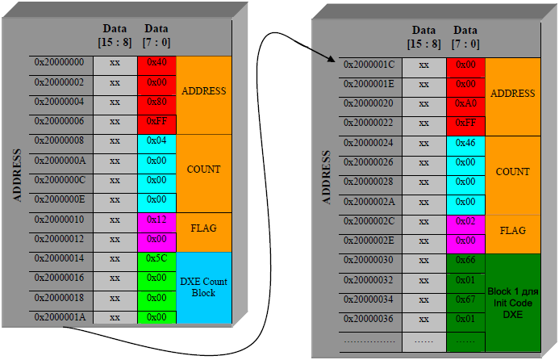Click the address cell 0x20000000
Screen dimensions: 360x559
click(58, 63)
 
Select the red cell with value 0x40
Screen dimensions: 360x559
click(156, 63)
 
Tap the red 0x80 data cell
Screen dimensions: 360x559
click(156, 102)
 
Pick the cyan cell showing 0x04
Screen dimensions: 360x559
click(156, 141)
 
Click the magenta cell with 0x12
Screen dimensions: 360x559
click(156, 220)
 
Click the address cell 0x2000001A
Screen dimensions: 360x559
click(58, 317)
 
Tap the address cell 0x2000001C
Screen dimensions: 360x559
click(368, 65)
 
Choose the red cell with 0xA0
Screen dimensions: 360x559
click(465, 103)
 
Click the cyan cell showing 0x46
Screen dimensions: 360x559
click(465, 142)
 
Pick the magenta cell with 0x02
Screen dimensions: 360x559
click(465, 220)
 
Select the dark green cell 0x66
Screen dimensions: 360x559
click(465, 260)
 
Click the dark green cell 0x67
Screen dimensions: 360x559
click(465, 299)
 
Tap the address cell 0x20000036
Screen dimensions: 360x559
click(368, 319)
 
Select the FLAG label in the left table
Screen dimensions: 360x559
click(202, 228)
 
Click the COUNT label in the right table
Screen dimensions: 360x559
click(513, 172)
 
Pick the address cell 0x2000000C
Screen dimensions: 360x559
click(58, 180)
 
